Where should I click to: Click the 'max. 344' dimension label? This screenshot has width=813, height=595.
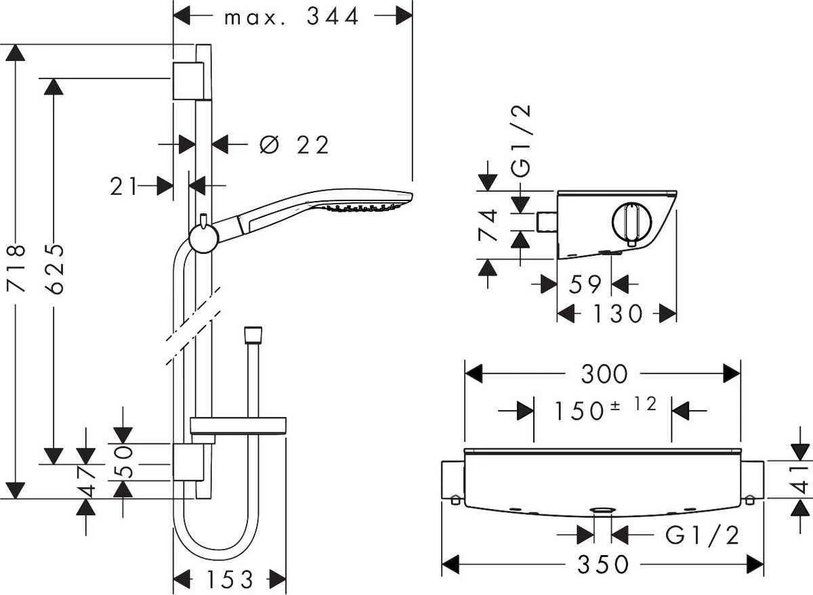click(292, 17)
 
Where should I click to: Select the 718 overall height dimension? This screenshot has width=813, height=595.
click(16, 269)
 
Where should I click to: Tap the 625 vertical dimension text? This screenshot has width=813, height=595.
click(54, 269)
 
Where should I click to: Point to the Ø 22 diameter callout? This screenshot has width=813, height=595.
click(294, 145)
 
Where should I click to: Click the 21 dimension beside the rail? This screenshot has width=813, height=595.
click(124, 186)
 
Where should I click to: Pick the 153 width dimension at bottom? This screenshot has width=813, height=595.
click(230, 579)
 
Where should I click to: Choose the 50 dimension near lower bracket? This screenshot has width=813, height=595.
click(123, 462)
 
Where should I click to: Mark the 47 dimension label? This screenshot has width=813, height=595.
click(87, 481)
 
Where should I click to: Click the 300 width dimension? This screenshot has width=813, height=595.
click(604, 374)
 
